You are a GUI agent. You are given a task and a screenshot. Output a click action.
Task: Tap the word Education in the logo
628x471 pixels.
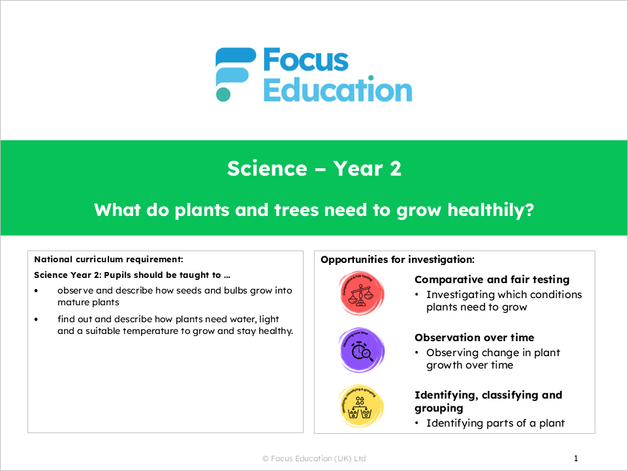pyautogui.click(x=337, y=90)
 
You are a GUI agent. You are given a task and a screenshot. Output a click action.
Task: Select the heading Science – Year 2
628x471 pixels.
pyautogui.click(x=314, y=169)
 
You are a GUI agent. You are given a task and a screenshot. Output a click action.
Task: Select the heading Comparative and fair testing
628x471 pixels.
pyautogui.click(x=492, y=279)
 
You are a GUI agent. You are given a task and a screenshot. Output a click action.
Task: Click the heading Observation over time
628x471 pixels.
pyautogui.click(x=474, y=337)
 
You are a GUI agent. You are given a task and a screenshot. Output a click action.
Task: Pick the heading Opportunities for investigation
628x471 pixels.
pyautogui.click(x=397, y=260)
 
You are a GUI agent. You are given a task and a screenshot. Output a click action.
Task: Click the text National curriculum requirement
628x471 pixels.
pyautogui.click(x=108, y=260)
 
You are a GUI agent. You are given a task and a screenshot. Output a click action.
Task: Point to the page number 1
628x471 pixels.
pyautogui.click(x=576, y=459)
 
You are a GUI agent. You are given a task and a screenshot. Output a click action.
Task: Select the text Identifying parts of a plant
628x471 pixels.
pyautogui.click(x=495, y=423)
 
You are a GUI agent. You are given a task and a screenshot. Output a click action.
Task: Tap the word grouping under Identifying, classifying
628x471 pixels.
pyautogui.click(x=439, y=408)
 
